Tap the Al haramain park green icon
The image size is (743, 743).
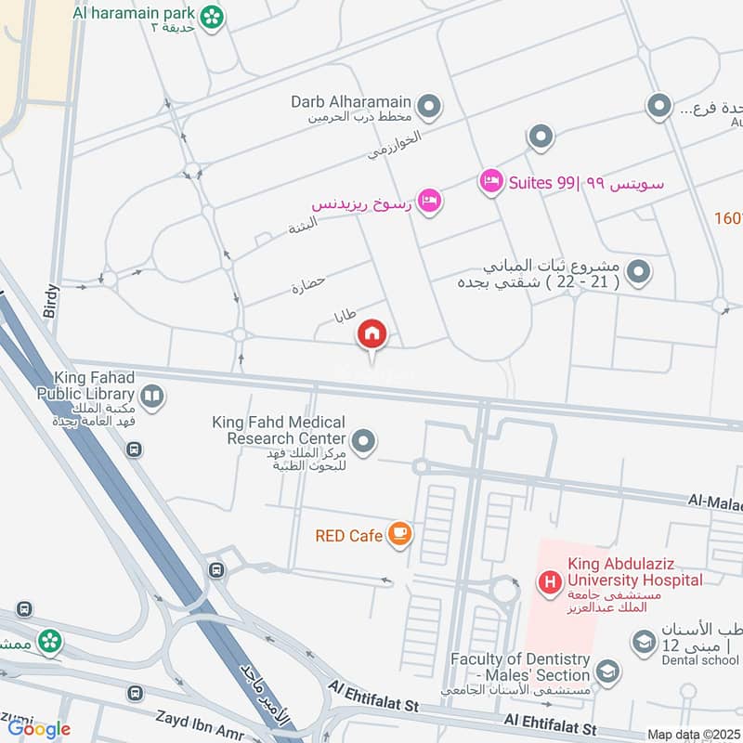[214, 16]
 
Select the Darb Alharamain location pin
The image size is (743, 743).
[428, 109]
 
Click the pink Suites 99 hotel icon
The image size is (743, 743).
[491, 179]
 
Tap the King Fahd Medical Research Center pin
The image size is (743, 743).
[364, 442]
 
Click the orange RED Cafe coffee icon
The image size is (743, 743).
[400, 534]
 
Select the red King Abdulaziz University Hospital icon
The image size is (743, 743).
[550, 583]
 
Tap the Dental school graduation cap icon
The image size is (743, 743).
[643, 642]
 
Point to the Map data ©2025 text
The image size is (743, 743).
[692, 734]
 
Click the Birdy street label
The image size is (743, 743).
[51, 302]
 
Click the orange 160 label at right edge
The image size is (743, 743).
[728, 218]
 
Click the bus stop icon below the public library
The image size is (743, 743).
[135, 450]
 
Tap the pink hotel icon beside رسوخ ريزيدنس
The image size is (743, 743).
[428, 201]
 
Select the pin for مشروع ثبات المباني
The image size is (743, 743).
[638, 272]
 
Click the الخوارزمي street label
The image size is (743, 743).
[394, 144]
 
